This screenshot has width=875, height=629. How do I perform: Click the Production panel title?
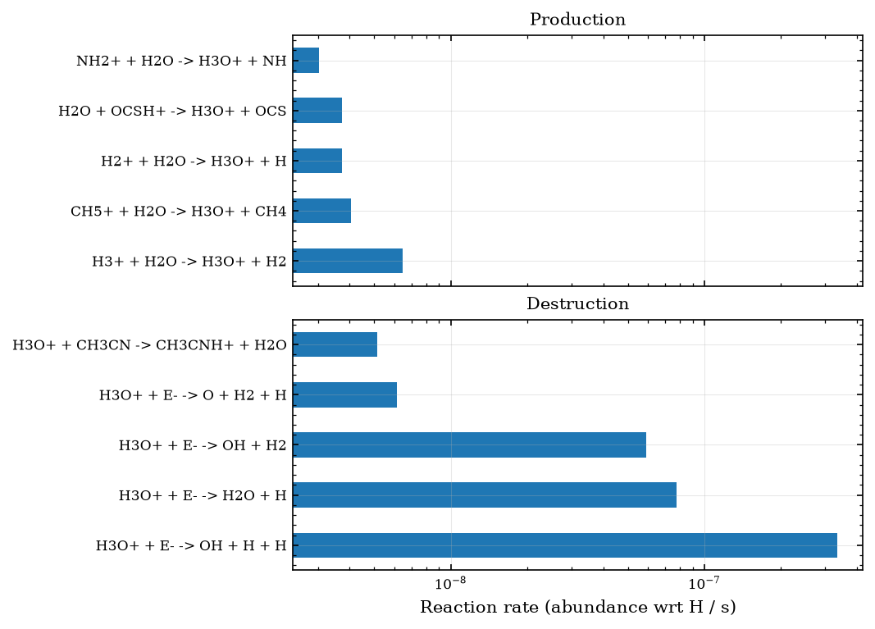point(577,20)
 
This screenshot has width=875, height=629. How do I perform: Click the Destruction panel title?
point(577,303)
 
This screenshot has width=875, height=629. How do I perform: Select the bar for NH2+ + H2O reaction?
point(306,61)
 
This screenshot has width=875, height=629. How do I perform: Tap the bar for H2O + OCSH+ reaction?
point(317,111)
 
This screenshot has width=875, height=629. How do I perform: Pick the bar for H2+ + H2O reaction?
point(317,161)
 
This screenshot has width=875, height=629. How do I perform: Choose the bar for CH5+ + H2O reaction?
point(322,211)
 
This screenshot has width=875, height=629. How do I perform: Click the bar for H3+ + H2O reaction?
point(348,261)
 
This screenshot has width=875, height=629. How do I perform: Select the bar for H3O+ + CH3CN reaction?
point(335,344)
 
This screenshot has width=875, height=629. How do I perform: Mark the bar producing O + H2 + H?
point(345,394)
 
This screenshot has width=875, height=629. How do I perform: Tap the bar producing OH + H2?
point(469,444)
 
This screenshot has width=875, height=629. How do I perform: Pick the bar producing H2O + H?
point(485,495)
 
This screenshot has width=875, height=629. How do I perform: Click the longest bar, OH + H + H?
point(565,545)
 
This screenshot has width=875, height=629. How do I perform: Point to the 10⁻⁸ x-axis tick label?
point(450,584)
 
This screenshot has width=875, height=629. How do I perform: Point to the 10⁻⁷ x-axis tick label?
point(704,584)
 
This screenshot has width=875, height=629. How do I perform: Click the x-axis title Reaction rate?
point(577,607)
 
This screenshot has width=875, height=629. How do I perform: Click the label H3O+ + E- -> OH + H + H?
point(191,545)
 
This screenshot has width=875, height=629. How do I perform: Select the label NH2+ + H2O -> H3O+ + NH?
point(181,61)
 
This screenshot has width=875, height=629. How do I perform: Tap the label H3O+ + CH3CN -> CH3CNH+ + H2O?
point(149,345)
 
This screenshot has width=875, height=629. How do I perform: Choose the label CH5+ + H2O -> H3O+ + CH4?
point(179,212)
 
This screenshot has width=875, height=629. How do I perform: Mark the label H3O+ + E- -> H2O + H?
point(203,495)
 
